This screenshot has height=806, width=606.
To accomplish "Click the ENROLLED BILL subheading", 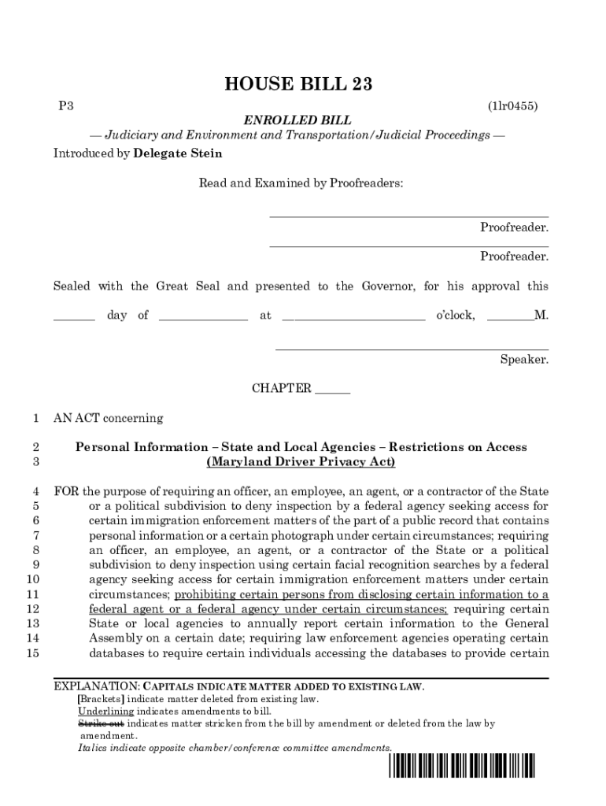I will click(x=297, y=120).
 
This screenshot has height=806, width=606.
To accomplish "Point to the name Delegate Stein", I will click(x=178, y=153).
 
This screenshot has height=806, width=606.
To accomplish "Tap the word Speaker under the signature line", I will click(x=524, y=360).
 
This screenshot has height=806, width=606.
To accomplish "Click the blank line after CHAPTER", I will click(x=332, y=389).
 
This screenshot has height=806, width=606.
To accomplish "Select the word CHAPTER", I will click(x=281, y=389).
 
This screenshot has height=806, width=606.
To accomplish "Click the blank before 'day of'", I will click(x=74, y=316).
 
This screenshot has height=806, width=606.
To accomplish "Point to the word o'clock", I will click(x=455, y=316).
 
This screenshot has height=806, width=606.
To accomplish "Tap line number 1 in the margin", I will click(x=35, y=418).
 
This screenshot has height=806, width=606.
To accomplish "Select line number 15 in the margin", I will click(x=33, y=653).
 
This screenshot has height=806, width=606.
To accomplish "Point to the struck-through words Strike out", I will click(x=100, y=723).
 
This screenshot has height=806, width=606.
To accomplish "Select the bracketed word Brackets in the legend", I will click(x=100, y=699).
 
